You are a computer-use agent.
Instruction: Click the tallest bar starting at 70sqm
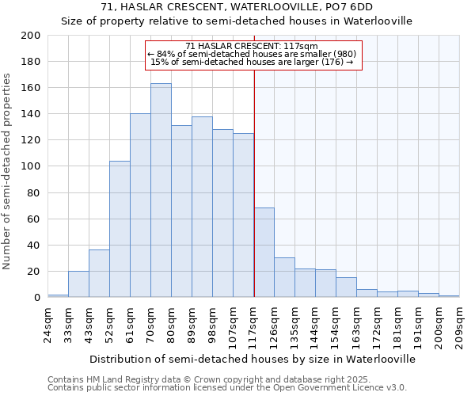(161, 190)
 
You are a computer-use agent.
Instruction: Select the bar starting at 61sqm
(140, 206)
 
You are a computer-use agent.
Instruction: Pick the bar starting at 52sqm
(120, 230)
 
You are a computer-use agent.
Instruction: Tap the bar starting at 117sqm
(264, 253)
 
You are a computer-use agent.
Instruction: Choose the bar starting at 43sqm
(99, 274)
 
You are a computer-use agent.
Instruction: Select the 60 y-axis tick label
(34, 219)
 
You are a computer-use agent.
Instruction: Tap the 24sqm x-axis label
(47, 325)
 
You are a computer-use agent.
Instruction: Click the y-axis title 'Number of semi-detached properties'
(8, 171)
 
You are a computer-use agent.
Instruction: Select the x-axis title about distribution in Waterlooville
(252, 359)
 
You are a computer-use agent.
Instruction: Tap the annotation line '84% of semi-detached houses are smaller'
(254, 54)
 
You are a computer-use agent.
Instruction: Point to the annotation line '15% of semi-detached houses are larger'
(252, 62)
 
